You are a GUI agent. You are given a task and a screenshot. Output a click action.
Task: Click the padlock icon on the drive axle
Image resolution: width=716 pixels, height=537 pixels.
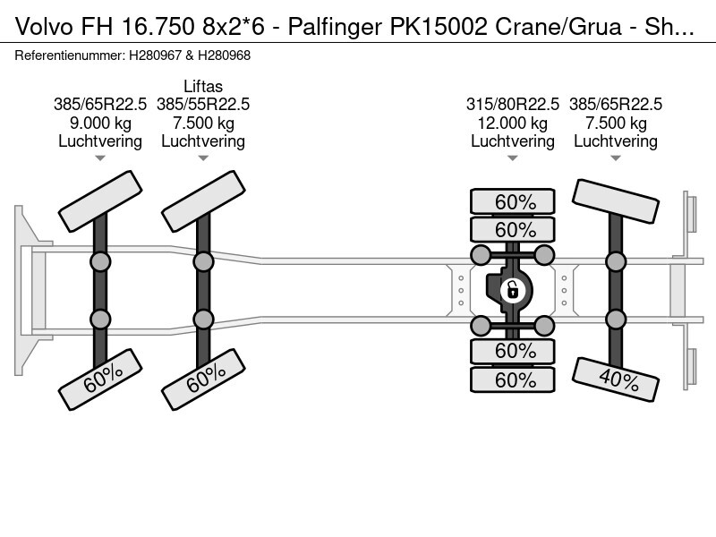[x=513, y=289]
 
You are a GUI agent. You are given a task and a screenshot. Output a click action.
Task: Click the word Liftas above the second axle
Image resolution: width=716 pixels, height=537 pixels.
[x=203, y=86]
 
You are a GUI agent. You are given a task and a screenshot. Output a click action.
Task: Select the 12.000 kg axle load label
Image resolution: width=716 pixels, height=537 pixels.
[x=513, y=123]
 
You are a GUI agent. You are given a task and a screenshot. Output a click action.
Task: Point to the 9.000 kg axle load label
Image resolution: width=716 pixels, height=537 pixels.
[x=100, y=123]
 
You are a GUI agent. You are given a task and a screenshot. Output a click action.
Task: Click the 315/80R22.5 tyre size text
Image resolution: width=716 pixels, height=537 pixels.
[x=513, y=104]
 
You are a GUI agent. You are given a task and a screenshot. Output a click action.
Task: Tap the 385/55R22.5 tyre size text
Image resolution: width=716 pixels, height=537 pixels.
[x=203, y=104]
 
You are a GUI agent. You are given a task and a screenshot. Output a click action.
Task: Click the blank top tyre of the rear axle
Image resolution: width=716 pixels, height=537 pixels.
[x=615, y=202]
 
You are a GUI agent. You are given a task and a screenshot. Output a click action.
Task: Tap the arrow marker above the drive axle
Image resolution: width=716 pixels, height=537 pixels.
[x=513, y=158]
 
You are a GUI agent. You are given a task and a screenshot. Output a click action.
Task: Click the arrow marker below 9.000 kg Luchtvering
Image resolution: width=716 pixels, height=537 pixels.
[x=100, y=158]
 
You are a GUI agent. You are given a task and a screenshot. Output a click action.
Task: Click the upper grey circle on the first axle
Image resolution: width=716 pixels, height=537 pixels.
[x=100, y=262]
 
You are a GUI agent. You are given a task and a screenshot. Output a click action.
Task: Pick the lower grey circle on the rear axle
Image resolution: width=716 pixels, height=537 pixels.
[x=615, y=319]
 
